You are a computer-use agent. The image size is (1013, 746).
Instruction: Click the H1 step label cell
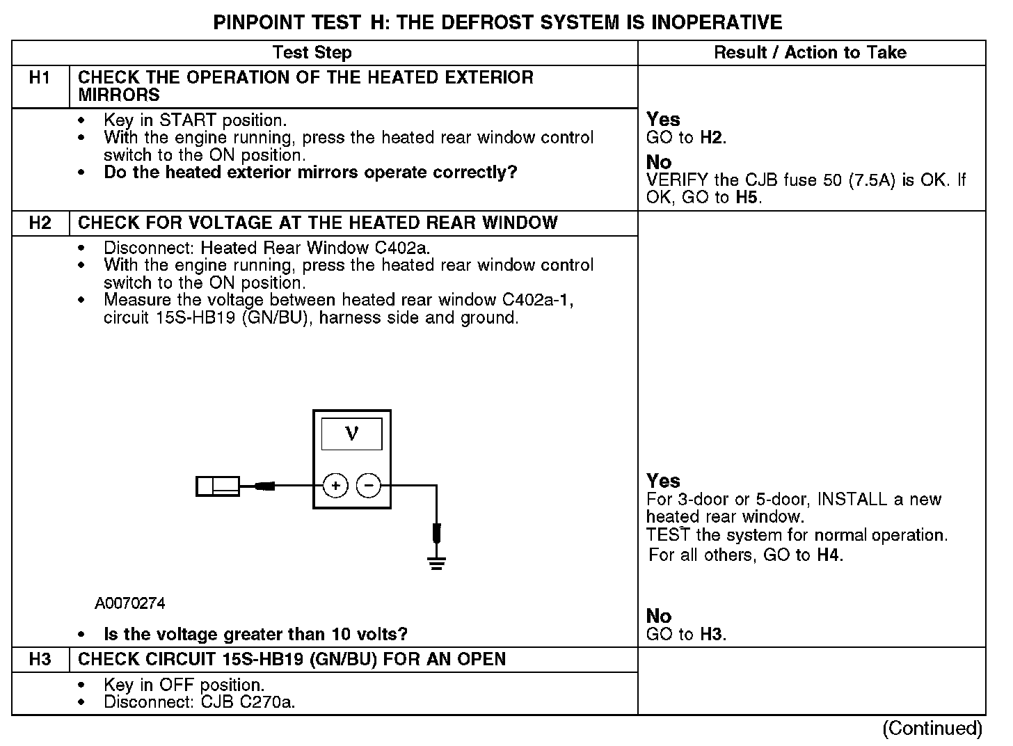pyautogui.click(x=40, y=78)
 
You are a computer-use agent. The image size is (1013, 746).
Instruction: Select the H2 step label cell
pyautogui.click(x=40, y=223)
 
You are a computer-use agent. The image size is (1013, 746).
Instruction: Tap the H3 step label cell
pyautogui.click(x=40, y=660)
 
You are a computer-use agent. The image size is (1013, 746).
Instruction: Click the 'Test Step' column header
pyautogui.click(x=312, y=53)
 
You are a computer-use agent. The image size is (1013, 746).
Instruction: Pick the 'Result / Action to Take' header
pyautogui.click(x=811, y=53)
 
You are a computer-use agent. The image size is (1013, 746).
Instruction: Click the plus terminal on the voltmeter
pyautogui.click(x=335, y=486)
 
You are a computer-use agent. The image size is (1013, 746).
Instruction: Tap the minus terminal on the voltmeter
pyautogui.click(x=369, y=486)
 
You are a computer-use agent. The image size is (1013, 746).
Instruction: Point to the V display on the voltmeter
pyautogui.click(x=351, y=434)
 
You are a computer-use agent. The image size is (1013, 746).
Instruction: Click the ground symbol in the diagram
pyautogui.click(x=436, y=562)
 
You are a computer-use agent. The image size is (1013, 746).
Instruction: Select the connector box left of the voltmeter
pyautogui.click(x=218, y=486)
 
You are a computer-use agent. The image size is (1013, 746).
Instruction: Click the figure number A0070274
pyautogui.click(x=130, y=603)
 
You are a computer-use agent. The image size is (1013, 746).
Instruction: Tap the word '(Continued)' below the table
pyautogui.click(x=932, y=729)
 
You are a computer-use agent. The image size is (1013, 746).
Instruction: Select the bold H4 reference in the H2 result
pyautogui.click(x=828, y=555)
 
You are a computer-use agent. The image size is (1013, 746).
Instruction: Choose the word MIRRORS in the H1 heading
pyautogui.click(x=119, y=95)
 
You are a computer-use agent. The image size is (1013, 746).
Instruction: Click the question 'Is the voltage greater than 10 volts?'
pyautogui.click(x=255, y=635)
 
